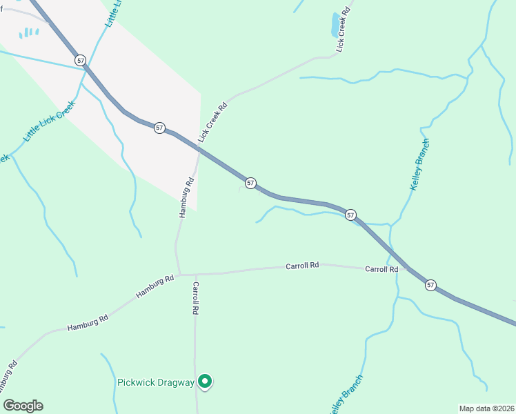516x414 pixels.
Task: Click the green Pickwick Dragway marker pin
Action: click(205, 380)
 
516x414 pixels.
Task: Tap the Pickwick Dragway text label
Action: click(155, 382)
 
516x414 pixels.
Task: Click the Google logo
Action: click(23, 406)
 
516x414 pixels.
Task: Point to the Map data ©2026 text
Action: click(486, 408)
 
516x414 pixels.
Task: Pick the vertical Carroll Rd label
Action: click(196, 298)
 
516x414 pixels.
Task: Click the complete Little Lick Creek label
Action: click(48, 121)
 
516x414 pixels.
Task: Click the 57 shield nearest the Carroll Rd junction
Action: click(430, 284)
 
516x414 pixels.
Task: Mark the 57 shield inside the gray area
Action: click(159, 128)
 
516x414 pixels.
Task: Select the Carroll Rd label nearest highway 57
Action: click(381, 269)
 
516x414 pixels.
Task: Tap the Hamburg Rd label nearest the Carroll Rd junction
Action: click(155, 286)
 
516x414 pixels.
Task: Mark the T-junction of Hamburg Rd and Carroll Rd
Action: click(180, 275)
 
